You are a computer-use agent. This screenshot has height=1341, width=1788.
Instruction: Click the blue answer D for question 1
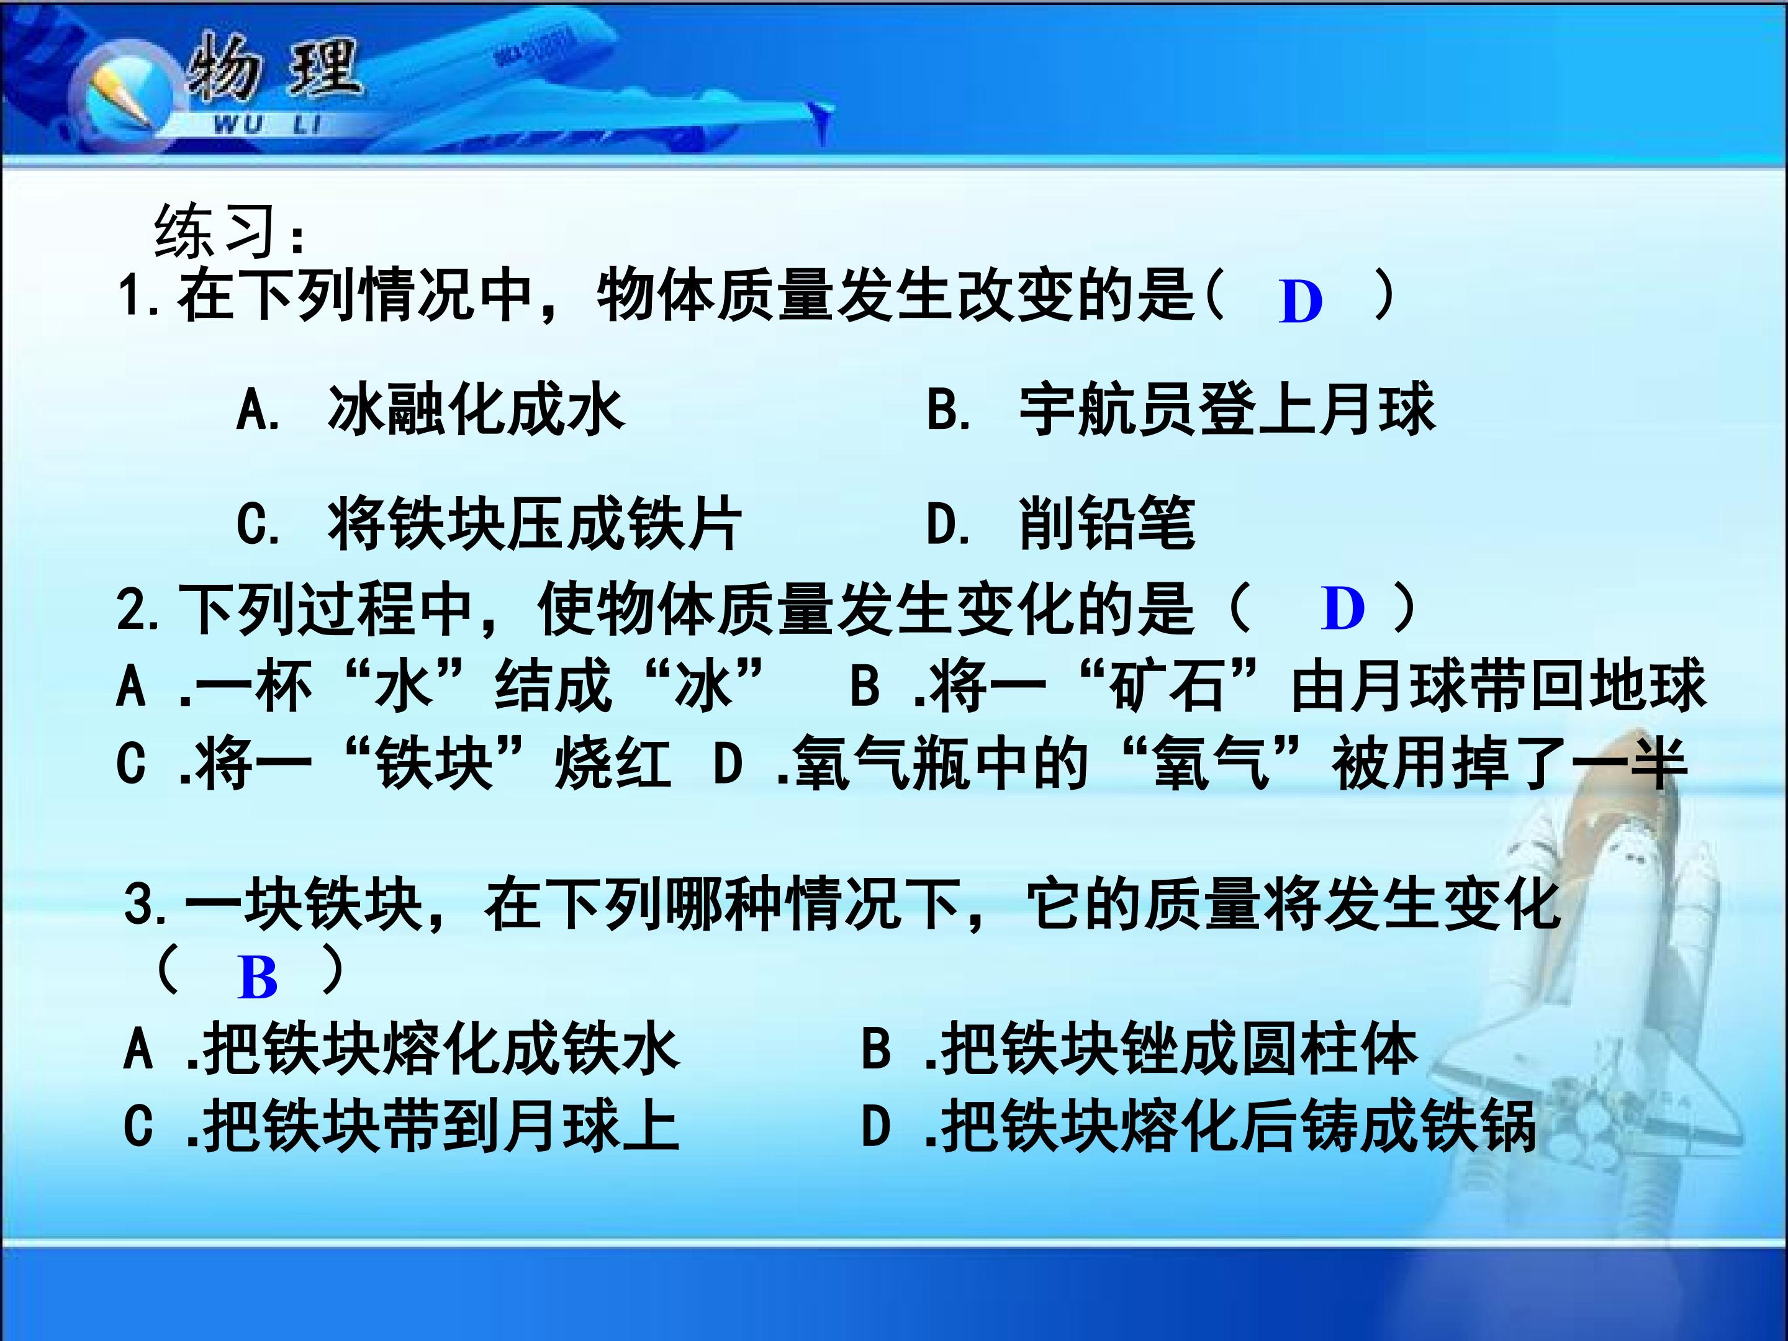(1301, 302)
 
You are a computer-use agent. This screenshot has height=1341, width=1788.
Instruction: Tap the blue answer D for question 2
(1343, 608)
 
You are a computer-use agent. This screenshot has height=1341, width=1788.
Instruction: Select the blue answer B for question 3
(258, 978)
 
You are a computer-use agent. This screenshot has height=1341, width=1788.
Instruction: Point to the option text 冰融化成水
(476, 410)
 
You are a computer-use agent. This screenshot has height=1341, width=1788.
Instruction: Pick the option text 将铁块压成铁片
(535, 524)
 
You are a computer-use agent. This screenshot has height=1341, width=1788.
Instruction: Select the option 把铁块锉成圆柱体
(1178, 1049)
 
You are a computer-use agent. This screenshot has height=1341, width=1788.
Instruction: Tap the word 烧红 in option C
(613, 764)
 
